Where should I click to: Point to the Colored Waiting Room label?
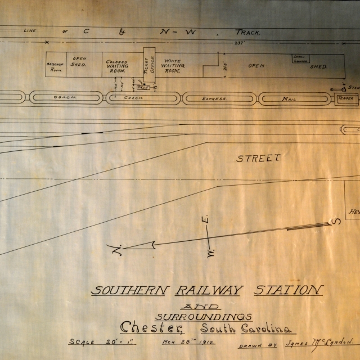[x=116, y=65]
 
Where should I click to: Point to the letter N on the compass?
[x=116, y=250]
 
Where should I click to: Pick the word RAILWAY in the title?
[x=209, y=291]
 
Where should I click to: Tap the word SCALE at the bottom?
[x=82, y=341]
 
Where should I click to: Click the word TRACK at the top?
[x=247, y=32]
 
